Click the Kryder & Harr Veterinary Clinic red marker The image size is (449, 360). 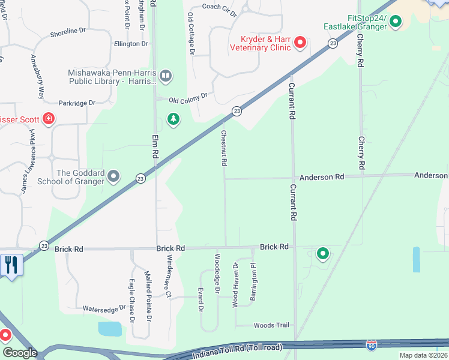(x=300, y=42)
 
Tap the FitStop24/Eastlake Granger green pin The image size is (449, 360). (x=396, y=22)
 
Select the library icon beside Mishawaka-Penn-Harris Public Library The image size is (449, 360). (x=166, y=76)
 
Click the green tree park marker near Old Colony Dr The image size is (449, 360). (x=173, y=119)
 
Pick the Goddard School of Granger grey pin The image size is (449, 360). (x=114, y=176)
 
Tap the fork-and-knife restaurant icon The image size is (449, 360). (x=11, y=265)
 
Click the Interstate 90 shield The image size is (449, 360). (x=372, y=345)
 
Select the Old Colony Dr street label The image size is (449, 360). (x=188, y=97)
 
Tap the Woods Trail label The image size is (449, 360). (x=271, y=325)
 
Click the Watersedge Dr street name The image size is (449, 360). (x=104, y=307)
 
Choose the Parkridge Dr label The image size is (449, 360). (x=77, y=103)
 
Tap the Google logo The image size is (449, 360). (x=19, y=353)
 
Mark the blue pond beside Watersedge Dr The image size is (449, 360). (x=110, y=328)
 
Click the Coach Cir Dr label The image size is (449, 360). (x=220, y=7)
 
